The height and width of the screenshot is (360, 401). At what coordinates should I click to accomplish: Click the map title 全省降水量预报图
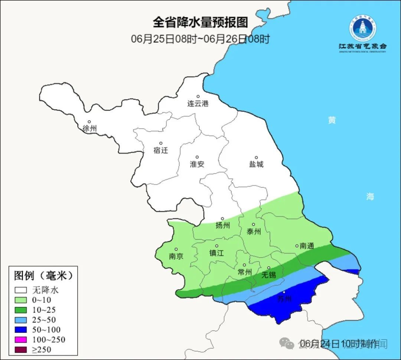pos(200,22)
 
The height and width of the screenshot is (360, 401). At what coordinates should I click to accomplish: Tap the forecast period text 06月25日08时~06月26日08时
pos(200,39)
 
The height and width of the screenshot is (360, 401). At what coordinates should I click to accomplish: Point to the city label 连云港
pos(198,104)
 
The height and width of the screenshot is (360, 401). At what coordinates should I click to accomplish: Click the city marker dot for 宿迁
pos(161,143)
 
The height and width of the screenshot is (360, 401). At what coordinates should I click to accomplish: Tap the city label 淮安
pos(197,164)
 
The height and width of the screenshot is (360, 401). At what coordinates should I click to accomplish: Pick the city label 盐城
pos(256,164)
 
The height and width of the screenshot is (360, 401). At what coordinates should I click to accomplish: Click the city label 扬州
pos(223,226)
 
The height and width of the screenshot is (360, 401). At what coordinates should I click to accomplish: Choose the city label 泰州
pos(254,231)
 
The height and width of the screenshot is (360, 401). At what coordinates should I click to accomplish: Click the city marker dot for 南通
pos(297,245)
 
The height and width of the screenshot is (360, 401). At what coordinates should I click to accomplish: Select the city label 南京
pos(176,256)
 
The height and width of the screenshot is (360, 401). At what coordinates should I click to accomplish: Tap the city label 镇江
pos(216,253)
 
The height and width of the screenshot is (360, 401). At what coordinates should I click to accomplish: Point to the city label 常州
pos(245,272)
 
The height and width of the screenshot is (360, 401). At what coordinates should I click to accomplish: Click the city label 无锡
pos(268,275)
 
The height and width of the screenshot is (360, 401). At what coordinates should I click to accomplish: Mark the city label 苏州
pos(284,299)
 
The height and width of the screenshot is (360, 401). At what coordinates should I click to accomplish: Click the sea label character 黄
pos(332,120)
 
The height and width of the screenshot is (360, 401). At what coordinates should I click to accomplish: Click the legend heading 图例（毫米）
pos(43,276)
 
